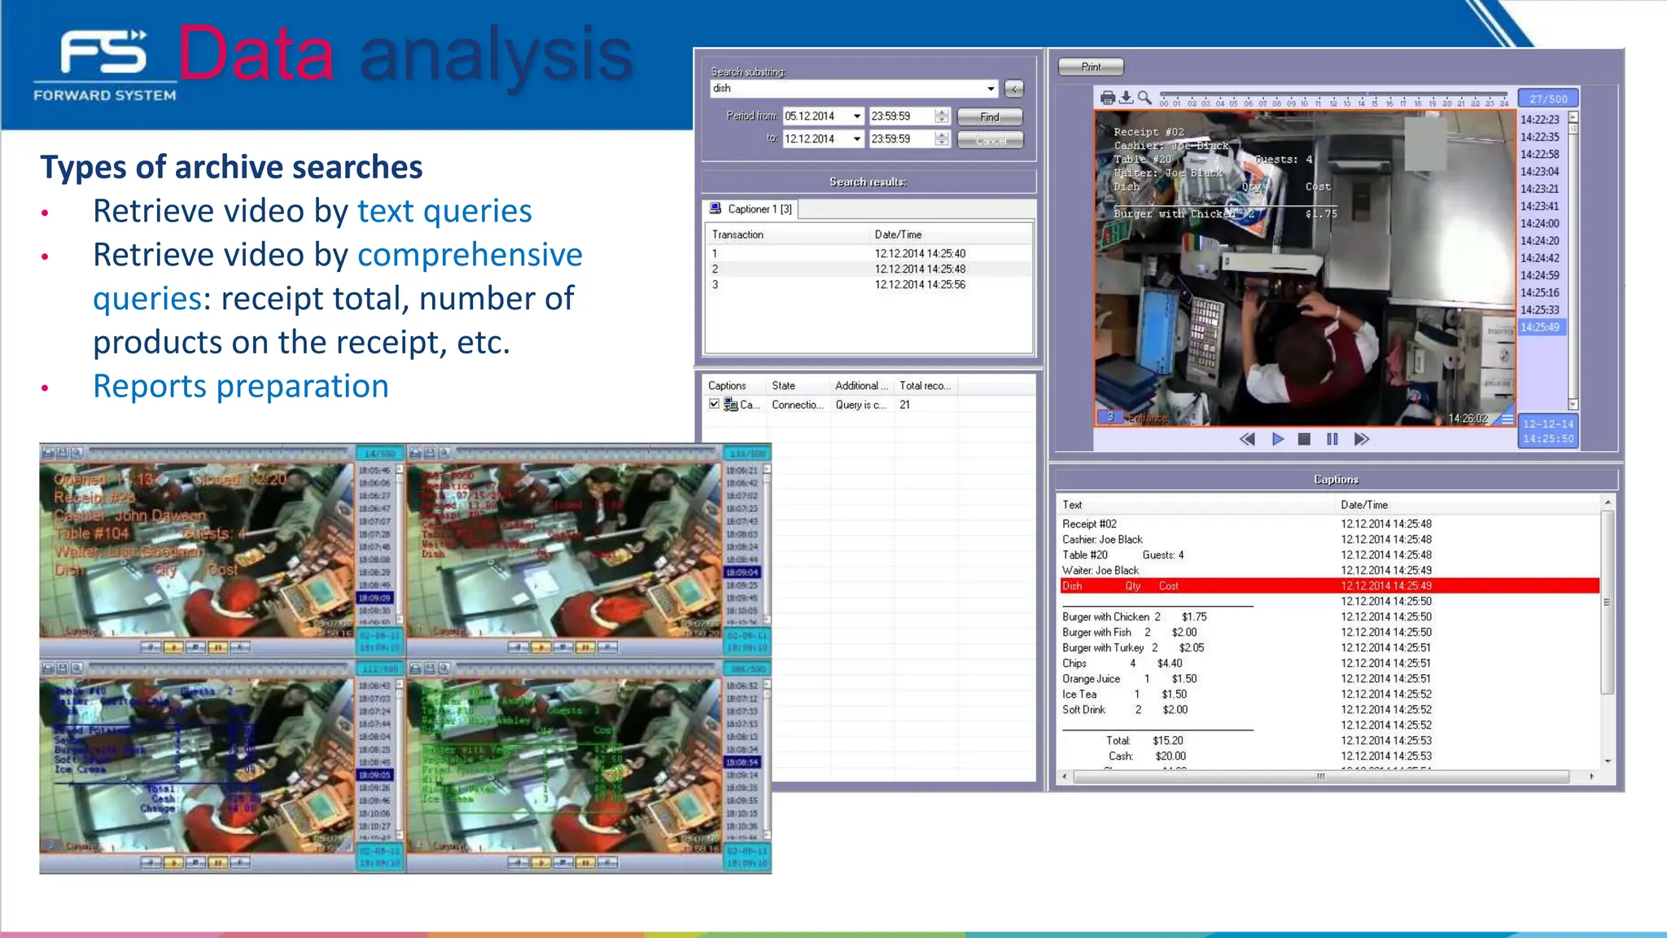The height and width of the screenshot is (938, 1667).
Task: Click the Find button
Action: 989,117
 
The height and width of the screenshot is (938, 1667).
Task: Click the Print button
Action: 1091,67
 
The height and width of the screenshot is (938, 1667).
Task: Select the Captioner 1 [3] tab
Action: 751,209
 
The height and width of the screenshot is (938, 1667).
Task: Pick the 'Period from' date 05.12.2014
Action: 816,116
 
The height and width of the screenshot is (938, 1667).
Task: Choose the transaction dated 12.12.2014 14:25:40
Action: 920,253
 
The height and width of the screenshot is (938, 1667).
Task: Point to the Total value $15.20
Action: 1168,741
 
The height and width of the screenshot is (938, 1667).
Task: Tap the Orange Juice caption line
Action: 1091,679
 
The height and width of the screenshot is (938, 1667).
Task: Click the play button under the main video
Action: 1278,440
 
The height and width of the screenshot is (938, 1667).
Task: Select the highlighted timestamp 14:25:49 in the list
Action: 1540,327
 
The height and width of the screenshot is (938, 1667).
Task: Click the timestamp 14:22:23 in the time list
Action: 1540,120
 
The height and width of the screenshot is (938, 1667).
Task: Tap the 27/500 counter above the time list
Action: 1548,99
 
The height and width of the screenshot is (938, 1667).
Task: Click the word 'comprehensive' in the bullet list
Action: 470,255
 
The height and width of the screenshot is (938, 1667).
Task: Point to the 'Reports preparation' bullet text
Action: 241,386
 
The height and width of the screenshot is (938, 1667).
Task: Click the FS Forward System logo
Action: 105,65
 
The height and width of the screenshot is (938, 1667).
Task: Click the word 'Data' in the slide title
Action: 256,54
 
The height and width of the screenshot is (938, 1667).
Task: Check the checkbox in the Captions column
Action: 714,405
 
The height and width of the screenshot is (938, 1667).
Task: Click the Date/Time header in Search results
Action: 898,234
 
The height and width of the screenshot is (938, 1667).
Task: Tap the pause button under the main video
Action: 1332,440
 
